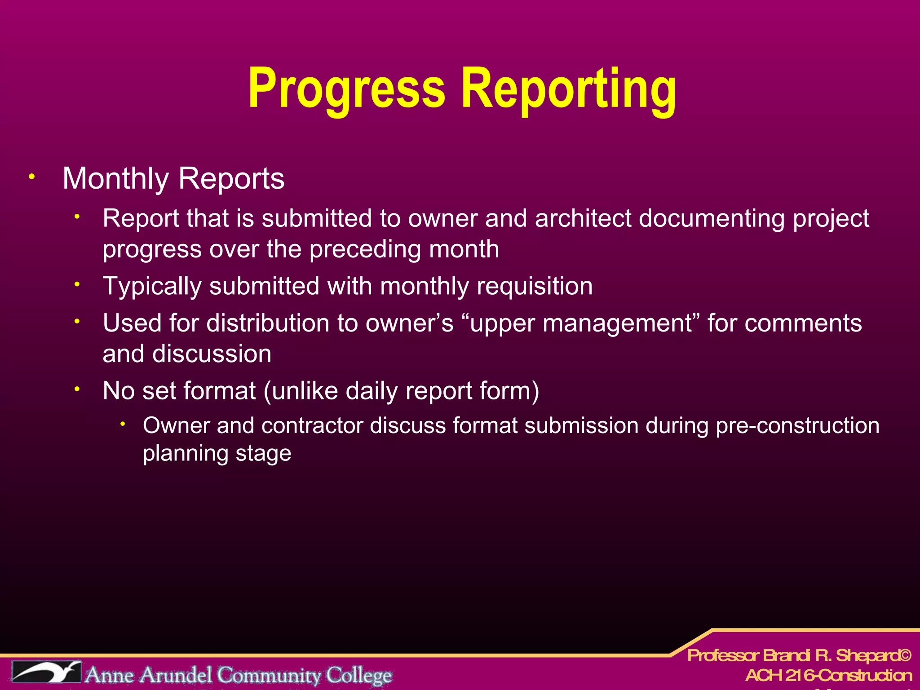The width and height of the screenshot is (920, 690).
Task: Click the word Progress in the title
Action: tap(346, 88)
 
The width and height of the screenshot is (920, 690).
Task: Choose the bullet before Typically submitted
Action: tap(77, 284)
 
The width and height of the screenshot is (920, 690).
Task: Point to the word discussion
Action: tap(212, 354)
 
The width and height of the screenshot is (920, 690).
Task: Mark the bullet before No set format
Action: tap(77, 389)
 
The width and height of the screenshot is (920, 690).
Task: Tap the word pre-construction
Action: tap(797, 425)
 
